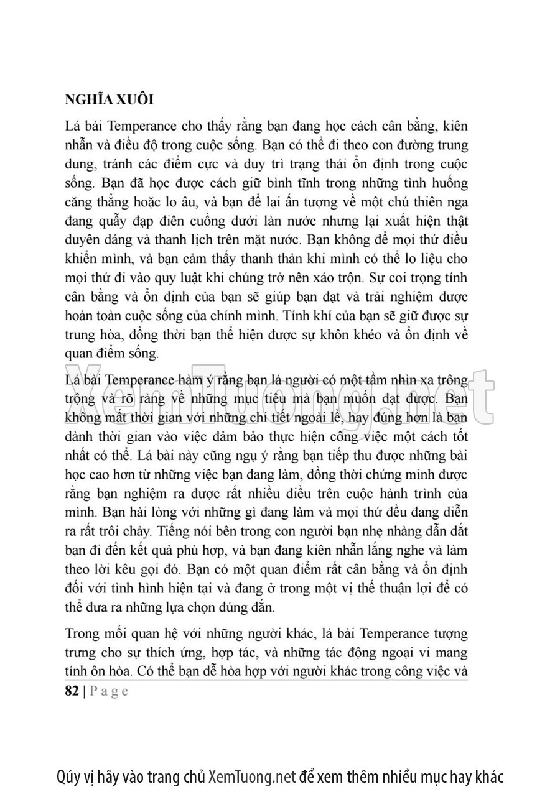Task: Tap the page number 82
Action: point(72,691)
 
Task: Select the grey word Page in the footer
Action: point(110,691)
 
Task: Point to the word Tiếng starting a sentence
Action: point(175,533)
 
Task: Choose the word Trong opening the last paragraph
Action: point(82,634)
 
